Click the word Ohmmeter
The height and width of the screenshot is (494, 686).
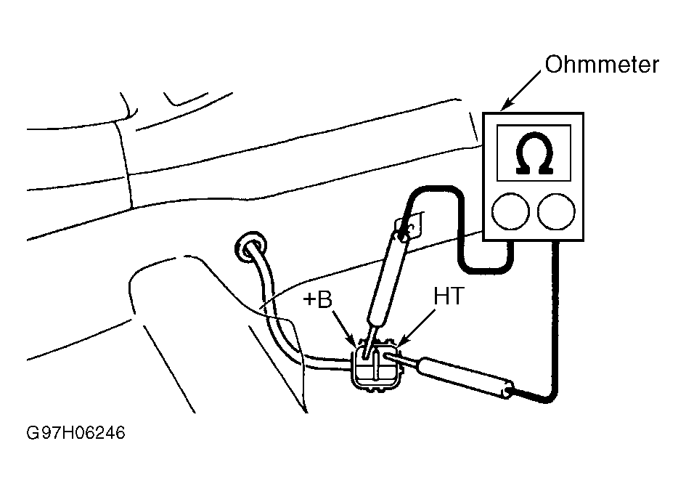click(x=602, y=65)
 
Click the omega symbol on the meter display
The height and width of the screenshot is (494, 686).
click(x=534, y=153)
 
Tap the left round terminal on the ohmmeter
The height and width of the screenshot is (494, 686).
click(x=510, y=211)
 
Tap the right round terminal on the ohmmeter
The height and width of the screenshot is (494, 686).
click(x=557, y=211)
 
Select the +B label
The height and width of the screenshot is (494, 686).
click(x=318, y=300)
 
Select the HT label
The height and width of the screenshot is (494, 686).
click(x=448, y=296)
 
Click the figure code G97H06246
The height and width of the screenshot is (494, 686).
click(x=75, y=433)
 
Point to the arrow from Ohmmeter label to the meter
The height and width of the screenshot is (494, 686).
click(x=520, y=91)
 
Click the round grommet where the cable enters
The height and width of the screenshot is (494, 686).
click(x=250, y=246)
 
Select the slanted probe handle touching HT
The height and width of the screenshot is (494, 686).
click(x=465, y=378)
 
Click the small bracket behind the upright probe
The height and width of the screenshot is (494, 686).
click(x=410, y=224)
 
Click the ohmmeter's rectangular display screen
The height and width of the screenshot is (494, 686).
click(x=534, y=153)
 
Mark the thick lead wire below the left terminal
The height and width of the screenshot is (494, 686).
click(x=460, y=227)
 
